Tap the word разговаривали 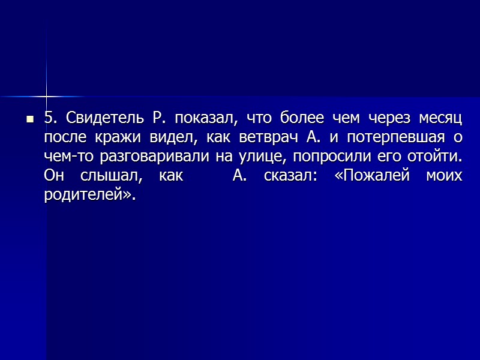pyautogui.click(x=151, y=157)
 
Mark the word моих pyautogui.click(x=444, y=176)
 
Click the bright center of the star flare pyautogui.click(x=46, y=97)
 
